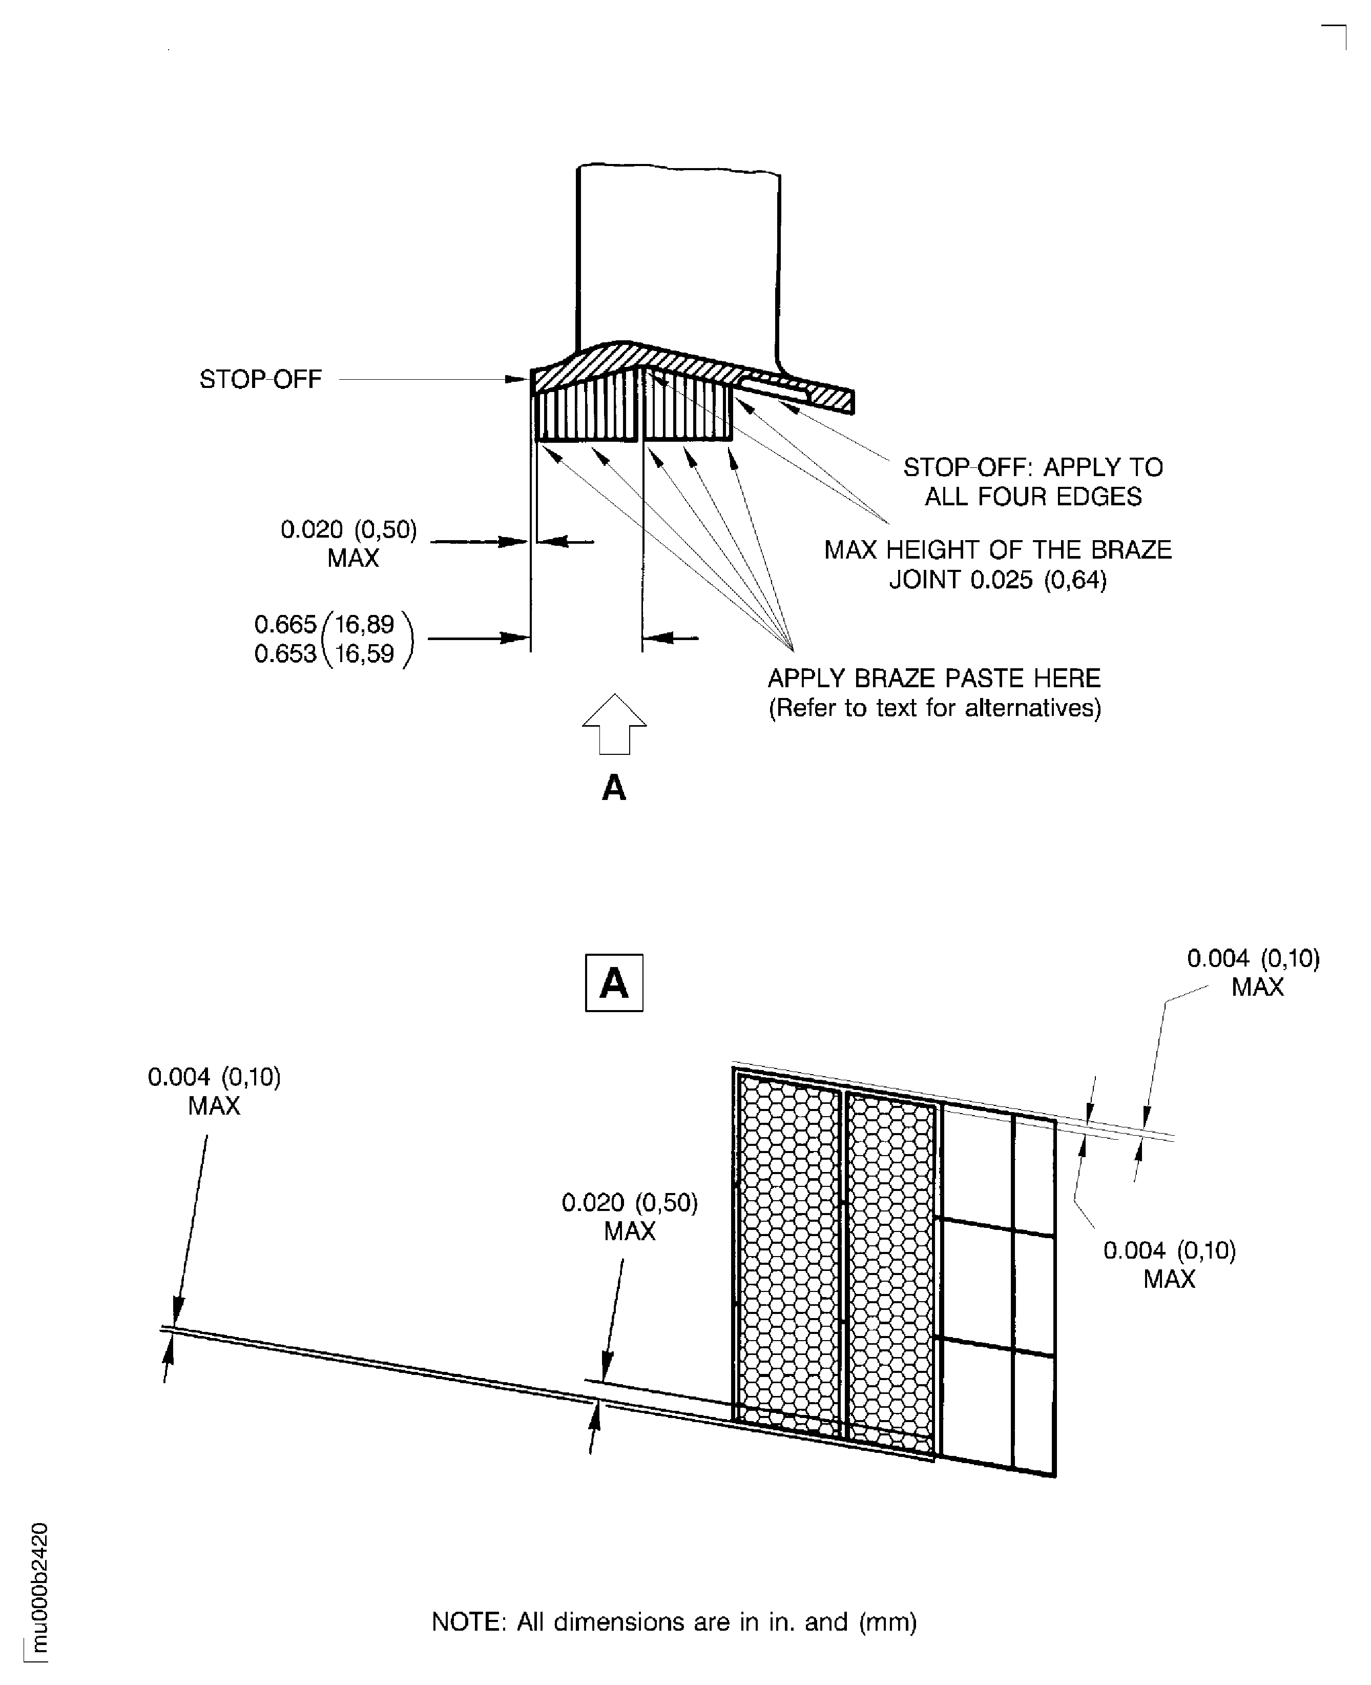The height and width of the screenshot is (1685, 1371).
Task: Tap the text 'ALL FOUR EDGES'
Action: (1033, 497)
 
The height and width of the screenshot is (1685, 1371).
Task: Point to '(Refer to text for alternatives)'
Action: (934, 707)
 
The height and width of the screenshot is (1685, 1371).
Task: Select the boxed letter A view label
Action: (614, 983)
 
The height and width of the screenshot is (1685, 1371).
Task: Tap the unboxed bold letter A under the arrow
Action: (614, 788)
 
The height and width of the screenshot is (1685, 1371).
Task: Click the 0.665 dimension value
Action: (284, 624)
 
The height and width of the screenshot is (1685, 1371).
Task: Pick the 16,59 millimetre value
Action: (364, 654)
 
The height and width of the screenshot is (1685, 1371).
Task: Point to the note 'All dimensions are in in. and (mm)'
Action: (674, 1622)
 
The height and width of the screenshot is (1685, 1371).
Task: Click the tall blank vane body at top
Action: (678, 253)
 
